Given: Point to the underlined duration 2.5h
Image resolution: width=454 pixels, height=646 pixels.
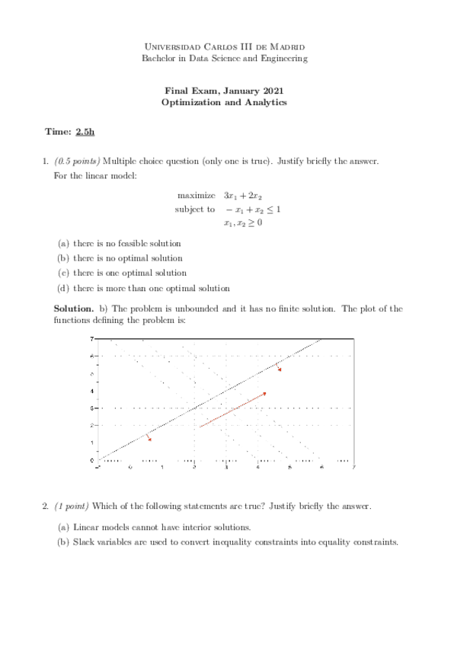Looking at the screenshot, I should tap(85, 132).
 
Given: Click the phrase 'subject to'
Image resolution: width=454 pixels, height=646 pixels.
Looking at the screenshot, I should tap(195, 209).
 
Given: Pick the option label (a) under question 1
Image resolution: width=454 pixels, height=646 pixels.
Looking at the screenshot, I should tap(64, 244).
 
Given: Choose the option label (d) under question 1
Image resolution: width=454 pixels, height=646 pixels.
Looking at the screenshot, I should tap(64, 288).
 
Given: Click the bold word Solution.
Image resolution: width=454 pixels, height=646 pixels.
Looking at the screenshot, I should tap(73, 309).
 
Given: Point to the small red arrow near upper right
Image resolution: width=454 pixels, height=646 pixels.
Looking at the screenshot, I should tap(279, 369).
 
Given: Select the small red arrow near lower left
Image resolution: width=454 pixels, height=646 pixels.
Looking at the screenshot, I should tap(149, 437).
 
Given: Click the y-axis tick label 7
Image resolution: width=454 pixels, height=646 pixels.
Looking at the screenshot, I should tap(92, 338).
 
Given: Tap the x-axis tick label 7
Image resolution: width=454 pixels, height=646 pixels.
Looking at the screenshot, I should tap(353, 467).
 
